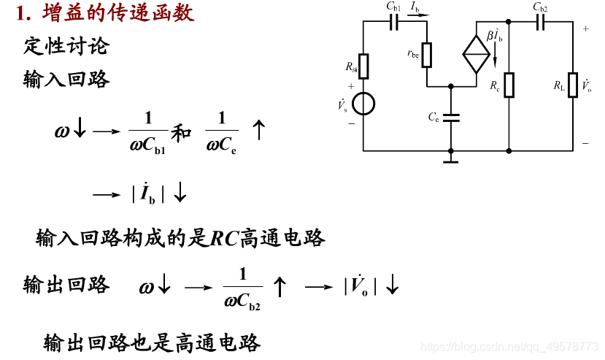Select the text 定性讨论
66,46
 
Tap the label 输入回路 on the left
66,79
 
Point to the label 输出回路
66,285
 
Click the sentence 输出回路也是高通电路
152,342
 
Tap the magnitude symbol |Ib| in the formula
148,195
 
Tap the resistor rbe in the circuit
427,53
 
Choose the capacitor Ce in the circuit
452,117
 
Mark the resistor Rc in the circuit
509,85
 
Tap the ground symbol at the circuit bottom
451,157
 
